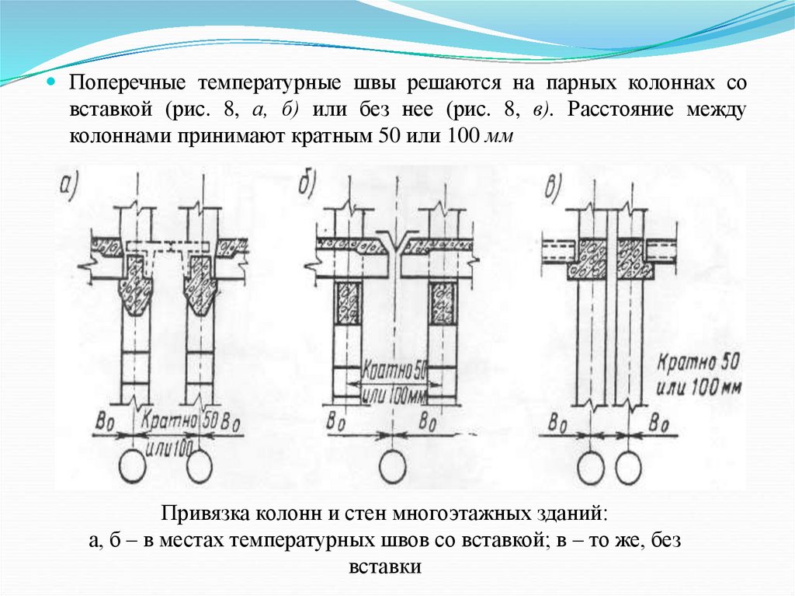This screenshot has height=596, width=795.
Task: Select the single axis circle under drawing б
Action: coord(394,466)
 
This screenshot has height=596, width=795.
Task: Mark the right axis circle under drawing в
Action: coord(629,466)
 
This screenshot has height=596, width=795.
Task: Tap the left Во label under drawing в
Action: coord(557,424)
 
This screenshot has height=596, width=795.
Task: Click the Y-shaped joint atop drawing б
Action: coord(396,239)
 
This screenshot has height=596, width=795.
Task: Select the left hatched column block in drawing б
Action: coord(347,301)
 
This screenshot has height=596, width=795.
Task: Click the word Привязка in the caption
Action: coord(203,514)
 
